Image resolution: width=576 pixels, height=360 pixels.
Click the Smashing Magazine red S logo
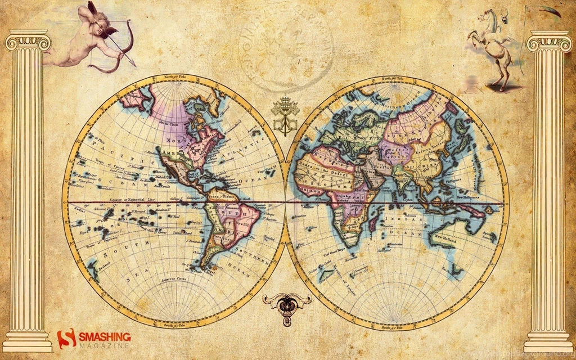[66, 339]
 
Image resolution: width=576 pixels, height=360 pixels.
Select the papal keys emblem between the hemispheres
[285, 116]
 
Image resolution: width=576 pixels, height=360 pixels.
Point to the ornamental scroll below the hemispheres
[286, 304]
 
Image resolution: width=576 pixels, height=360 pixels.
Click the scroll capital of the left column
[28, 42]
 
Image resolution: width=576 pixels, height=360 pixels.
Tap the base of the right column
[548, 341]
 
